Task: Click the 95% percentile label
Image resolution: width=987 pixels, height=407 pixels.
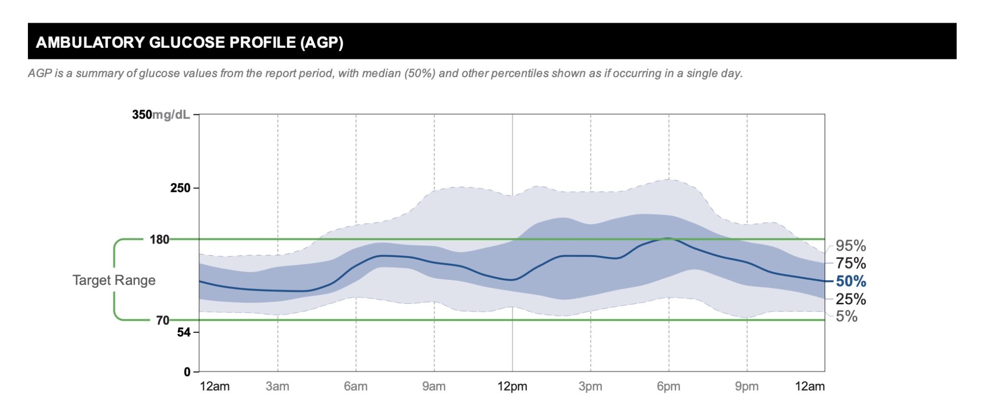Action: tap(851, 246)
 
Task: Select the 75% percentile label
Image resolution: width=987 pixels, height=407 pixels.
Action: tap(851, 263)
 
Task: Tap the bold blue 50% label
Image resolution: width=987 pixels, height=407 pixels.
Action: tap(851, 281)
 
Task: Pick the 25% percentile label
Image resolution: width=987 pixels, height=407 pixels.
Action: tap(851, 299)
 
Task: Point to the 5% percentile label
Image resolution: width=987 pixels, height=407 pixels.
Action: tap(846, 316)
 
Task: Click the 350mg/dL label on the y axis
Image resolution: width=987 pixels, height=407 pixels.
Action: tap(161, 115)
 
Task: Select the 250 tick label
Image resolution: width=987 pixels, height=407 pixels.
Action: tap(180, 188)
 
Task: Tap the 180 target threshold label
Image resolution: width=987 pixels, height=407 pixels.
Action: tap(160, 240)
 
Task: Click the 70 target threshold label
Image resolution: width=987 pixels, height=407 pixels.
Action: tap(162, 321)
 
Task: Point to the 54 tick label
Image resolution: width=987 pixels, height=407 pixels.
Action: tap(184, 332)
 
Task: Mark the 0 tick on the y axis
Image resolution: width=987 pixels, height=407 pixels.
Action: tap(187, 372)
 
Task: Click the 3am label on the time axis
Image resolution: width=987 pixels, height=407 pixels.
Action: tap(278, 387)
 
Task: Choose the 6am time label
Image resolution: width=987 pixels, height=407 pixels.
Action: tap(356, 387)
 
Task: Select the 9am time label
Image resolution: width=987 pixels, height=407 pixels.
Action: tap(434, 387)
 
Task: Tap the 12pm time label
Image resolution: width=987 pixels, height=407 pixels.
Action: tap(512, 387)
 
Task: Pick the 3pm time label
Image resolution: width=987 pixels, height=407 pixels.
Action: tap(590, 387)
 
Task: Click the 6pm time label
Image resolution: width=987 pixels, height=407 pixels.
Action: tap(668, 387)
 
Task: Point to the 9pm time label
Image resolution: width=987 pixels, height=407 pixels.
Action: tap(747, 387)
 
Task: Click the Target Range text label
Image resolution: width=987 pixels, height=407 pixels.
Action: tap(114, 280)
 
